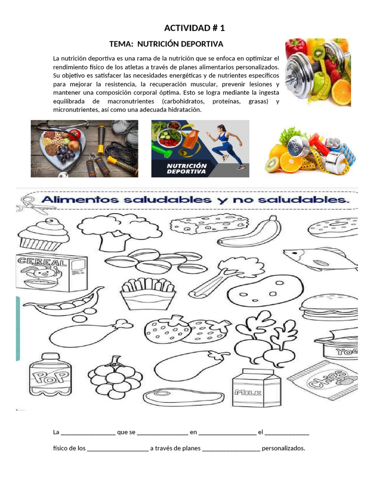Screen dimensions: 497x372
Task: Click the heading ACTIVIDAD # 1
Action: click(x=194, y=28)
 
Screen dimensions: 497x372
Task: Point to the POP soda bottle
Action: click(x=50, y=374)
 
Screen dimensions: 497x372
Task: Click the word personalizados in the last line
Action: click(x=283, y=448)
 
